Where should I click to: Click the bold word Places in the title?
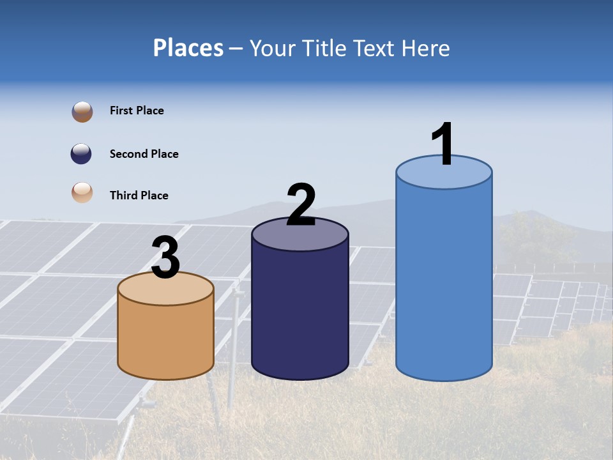click(x=188, y=49)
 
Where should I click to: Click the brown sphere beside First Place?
click(x=82, y=112)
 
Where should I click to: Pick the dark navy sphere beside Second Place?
click(x=82, y=154)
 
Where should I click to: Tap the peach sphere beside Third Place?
click(x=82, y=193)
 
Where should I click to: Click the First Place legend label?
click(x=137, y=111)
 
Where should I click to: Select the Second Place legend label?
click(x=144, y=154)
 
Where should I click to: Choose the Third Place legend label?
click(x=139, y=195)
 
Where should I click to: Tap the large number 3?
click(x=165, y=257)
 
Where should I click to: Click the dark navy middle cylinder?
click(x=300, y=313)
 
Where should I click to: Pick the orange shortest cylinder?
click(x=165, y=339)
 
